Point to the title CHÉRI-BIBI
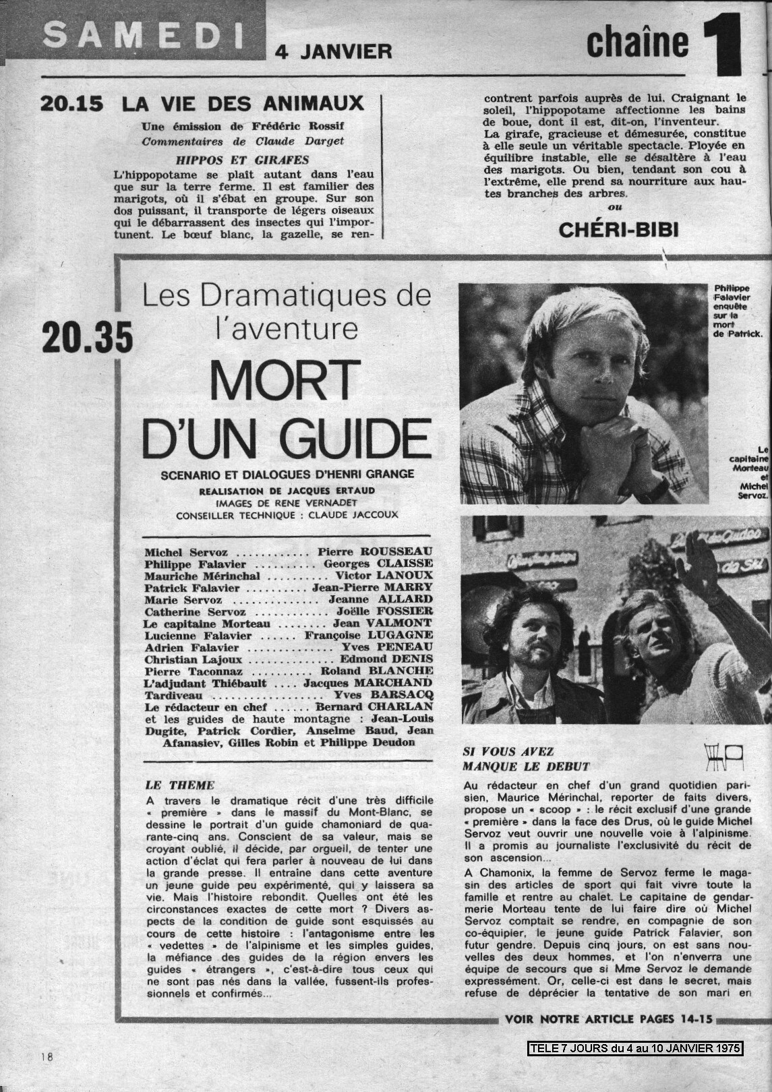[618, 230]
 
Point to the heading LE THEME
[180, 785]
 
